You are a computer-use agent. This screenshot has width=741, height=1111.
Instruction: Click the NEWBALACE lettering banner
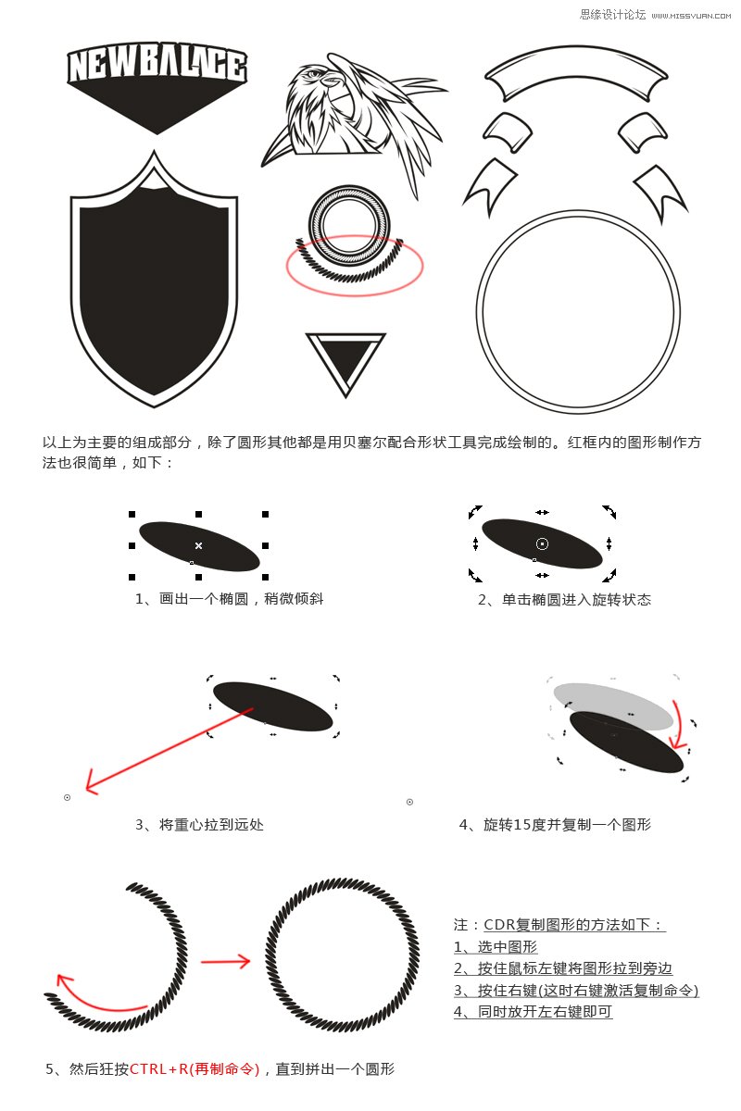pyautogui.click(x=157, y=67)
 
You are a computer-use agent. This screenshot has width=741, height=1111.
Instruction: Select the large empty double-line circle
pyautogui.click(x=578, y=313)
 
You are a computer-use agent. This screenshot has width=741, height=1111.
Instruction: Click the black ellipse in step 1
pyautogui.click(x=199, y=546)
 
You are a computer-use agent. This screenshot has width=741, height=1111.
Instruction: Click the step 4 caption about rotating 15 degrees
pyautogui.click(x=554, y=824)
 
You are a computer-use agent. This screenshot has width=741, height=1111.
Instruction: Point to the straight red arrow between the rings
pyautogui.click(x=225, y=962)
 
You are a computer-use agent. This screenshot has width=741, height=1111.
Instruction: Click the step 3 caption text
pyautogui.click(x=199, y=824)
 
